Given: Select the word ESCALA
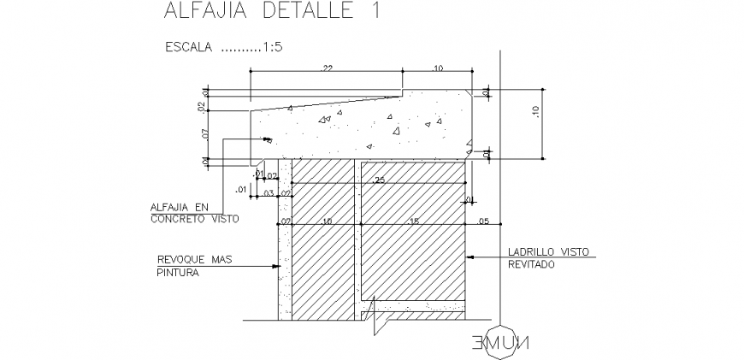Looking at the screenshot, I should (188, 49).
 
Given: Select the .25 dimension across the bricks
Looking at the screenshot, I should (379, 180).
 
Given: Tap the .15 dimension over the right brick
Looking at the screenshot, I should (415, 221).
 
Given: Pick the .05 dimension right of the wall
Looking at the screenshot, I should (484, 221).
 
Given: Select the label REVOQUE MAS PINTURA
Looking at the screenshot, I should (195, 266).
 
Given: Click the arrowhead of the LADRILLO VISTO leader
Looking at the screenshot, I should (470, 255).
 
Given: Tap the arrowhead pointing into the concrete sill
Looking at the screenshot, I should (266, 139).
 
